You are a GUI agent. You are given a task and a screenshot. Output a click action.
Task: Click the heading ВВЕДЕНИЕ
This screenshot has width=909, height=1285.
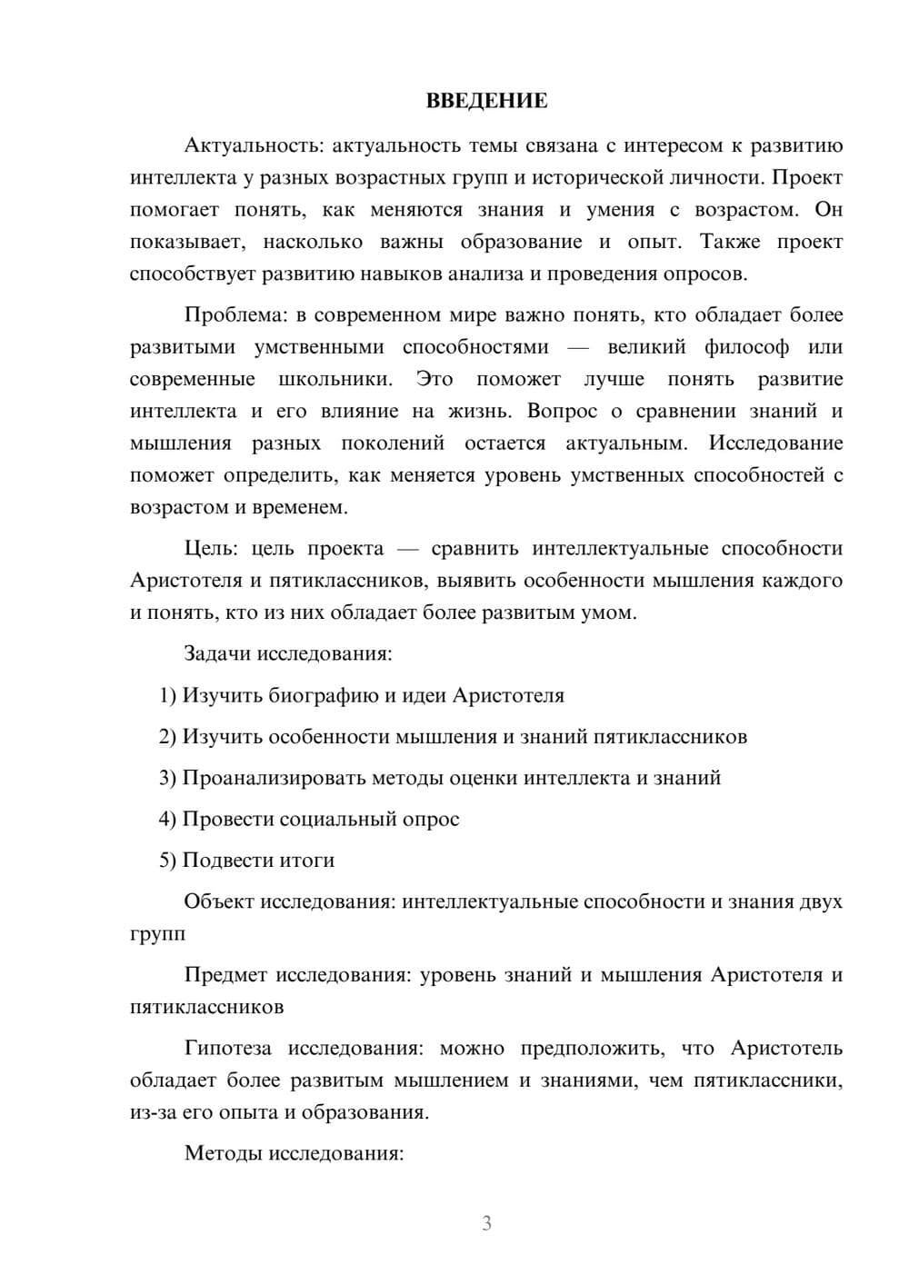point(486,101)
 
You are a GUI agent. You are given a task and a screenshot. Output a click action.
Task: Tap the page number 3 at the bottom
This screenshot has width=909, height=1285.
point(486,1223)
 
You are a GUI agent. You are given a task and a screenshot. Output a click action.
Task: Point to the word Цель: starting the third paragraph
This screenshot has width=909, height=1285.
point(211,548)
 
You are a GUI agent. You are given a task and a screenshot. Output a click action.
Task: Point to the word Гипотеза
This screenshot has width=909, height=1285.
point(227,1048)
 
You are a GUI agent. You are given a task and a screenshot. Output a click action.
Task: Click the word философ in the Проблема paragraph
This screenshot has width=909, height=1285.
point(746,347)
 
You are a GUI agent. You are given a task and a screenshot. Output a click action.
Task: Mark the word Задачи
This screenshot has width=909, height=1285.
point(217,653)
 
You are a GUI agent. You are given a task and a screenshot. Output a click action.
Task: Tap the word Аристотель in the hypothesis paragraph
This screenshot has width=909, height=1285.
point(786,1048)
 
